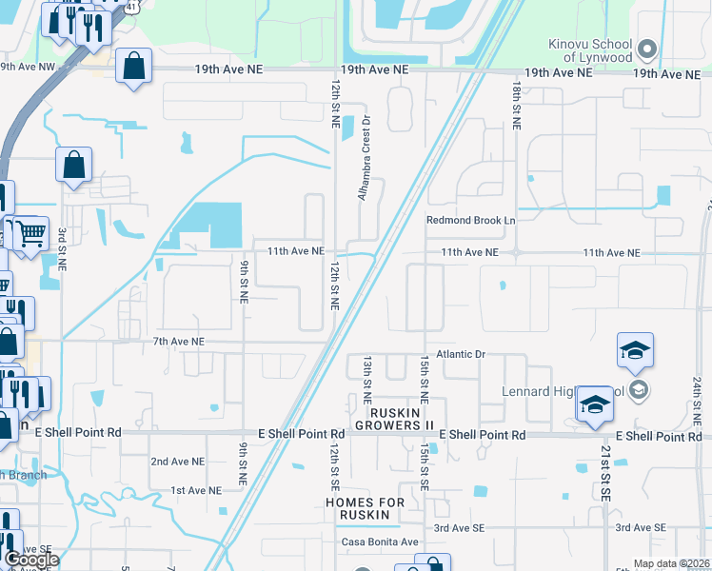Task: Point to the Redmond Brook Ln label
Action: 470,221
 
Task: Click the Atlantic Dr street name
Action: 461,354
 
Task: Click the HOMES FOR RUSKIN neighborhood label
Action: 365,508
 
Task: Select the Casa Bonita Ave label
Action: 381,541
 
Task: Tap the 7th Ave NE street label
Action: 178,341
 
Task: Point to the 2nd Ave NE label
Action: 178,461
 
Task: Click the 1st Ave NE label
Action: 196,490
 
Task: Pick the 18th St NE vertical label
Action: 515,105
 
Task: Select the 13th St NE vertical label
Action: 367,379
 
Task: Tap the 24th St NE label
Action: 698,400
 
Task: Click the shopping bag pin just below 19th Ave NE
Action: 134,67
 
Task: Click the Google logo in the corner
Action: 30,560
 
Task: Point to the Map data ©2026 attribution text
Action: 671,563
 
